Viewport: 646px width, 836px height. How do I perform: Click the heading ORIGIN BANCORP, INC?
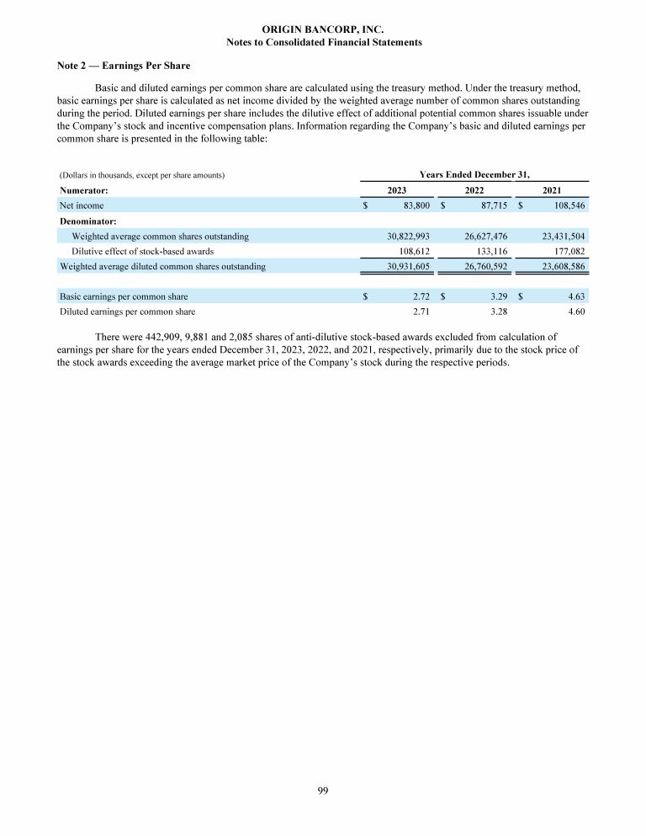[324, 29]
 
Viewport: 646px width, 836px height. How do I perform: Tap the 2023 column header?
[397, 191]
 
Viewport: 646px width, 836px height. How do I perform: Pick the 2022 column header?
[474, 191]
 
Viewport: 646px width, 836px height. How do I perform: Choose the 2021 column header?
[553, 191]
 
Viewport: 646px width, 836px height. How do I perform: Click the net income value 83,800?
[414, 205]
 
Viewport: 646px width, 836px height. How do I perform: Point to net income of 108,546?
[566, 205]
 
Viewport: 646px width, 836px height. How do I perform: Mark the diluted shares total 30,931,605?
[405, 266]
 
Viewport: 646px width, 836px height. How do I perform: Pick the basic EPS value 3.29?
[499, 296]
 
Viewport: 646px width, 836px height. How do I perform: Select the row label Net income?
[82, 205]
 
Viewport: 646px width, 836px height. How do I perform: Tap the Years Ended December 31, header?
[474, 174]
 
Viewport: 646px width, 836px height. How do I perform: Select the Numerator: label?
[82, 191]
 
